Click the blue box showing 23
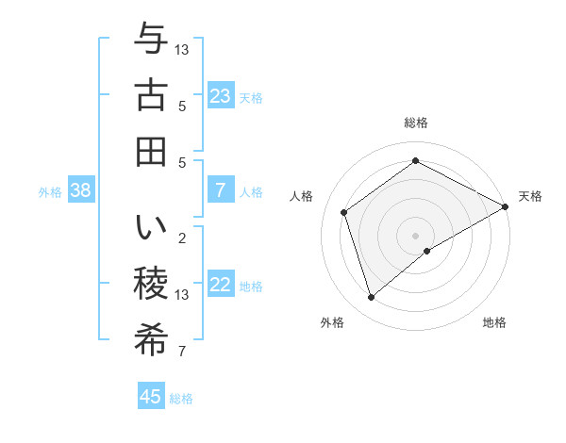tap(221, 96)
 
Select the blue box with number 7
tap(221, 190)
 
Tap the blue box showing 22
tap(221, 286)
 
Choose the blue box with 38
tap(80, 190)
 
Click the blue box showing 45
tap(151, 397)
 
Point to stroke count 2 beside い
tap(181, 238)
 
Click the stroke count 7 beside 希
tap(181, 353)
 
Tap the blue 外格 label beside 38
tap(50, 192)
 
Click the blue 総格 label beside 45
tap(181, 399)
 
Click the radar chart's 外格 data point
tap(372, 298)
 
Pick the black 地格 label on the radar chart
tap(494, 323)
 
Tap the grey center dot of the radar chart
tap(415, 234)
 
